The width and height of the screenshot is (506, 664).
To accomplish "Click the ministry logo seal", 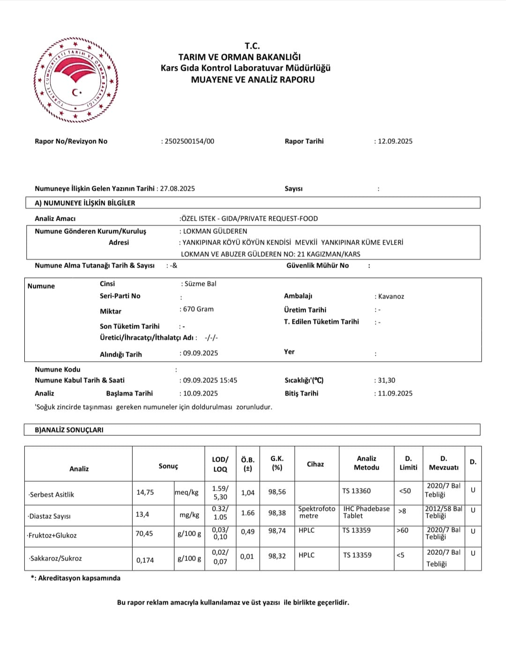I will point(75,80).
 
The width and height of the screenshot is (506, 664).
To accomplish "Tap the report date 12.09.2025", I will point(395,141).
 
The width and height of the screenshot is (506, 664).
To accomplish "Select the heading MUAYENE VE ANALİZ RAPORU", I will point(253,80).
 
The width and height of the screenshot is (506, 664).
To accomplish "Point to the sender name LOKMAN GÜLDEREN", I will point(215,231).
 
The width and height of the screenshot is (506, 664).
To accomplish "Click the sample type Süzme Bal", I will point(200,284).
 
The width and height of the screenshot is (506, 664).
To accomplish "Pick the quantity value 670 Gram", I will point(198,309).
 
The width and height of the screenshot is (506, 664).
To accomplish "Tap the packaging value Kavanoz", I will point(391,297).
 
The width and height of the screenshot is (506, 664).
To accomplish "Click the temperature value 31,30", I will point(387,380).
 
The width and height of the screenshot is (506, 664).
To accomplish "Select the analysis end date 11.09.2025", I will point(395,394).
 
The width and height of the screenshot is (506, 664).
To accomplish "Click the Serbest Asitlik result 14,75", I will point(145,492).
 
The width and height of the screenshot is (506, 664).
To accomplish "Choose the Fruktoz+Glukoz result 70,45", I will point(144,534).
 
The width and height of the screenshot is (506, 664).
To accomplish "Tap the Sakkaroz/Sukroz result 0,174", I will point(145,560).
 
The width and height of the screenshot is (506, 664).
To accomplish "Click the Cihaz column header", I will point(315,464).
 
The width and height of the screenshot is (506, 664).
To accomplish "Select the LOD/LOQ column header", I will point(220,464).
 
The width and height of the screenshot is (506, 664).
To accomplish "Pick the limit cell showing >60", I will point(402,530).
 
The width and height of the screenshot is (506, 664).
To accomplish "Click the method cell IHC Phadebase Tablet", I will point(366,512).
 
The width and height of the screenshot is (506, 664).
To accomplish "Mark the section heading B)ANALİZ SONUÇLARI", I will point(69,430).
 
